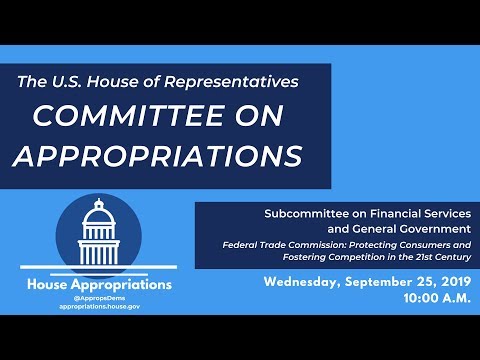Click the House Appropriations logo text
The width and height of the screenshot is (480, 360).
(99, 285)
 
